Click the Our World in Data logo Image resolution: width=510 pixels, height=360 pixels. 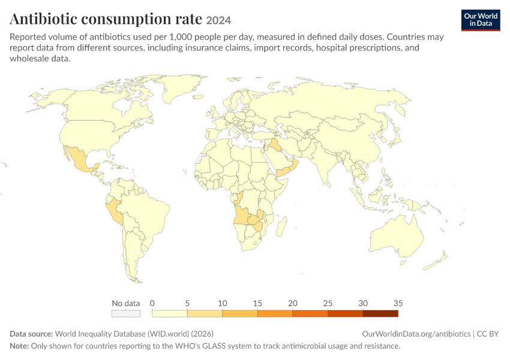coord(481,20)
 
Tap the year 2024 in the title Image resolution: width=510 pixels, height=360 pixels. coord(218,20)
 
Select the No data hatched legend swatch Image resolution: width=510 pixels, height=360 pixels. coord(126,313)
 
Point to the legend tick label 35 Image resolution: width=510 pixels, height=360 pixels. coord(398,303)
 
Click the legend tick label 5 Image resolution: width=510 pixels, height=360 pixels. coord(187,303)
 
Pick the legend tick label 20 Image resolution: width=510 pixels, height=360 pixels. coord(292,303)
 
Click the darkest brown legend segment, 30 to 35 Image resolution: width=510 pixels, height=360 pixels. coord(380,313)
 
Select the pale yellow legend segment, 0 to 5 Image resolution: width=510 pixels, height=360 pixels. coord(169,313)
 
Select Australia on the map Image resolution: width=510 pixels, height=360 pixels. coord(397,235)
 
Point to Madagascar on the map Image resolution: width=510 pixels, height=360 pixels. coord(281,227)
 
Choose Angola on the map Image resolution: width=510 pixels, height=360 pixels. coord(241,215)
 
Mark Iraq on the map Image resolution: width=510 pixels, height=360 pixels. coord(275,145)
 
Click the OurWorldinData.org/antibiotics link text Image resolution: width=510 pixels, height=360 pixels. coord(416,334)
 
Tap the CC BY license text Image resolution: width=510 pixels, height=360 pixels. coord(488,334)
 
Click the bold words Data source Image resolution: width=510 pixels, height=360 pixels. coord(31,334)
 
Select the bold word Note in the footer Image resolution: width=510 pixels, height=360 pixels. coord(19,346)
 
